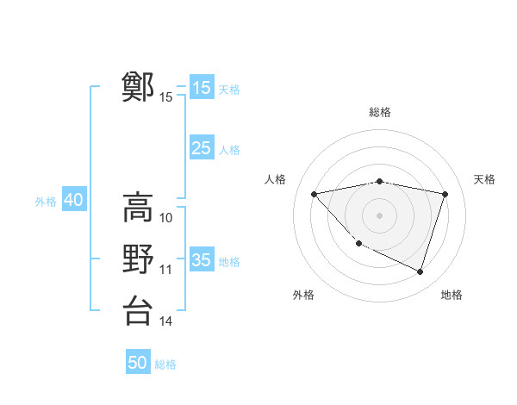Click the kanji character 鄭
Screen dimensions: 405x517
point(138,87)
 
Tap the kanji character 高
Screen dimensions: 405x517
point(138,208)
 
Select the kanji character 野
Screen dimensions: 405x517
point(138,259)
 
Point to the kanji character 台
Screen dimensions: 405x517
point(138,310)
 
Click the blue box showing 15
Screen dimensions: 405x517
point(202,88)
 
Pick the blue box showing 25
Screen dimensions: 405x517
point(202,148)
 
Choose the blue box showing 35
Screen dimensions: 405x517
point(202,259)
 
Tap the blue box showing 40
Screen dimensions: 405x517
point(73,200)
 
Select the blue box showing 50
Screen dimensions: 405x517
point(138,363)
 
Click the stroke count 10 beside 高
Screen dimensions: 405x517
point(166,218)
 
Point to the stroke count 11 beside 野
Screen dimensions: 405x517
point(166,270)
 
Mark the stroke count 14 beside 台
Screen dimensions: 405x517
point(166,321)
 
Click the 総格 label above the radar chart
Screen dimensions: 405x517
point(380,112)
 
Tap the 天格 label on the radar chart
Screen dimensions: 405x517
point(484,179)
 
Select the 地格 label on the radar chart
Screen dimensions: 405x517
point(452,295)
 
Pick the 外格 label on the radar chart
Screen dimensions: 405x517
point(303,295)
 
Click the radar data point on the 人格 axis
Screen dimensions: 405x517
point(314,194)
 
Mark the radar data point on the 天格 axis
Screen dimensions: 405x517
point(445,194)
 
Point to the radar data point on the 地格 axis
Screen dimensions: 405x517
point(420,271)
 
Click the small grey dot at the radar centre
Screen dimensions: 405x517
point(379,215)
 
